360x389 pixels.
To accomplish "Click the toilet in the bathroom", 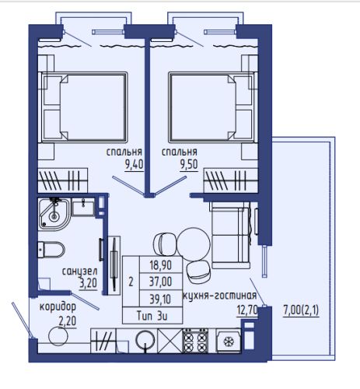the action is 51,249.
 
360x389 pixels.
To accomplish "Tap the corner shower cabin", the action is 54,214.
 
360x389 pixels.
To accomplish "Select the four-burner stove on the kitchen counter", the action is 195,341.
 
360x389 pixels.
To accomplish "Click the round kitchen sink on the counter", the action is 145,340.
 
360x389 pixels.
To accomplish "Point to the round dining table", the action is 194,244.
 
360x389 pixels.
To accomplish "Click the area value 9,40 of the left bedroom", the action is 134,164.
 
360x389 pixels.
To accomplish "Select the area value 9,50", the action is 189,164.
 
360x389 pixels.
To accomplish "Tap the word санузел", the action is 80,272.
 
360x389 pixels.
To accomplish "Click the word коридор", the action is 58,307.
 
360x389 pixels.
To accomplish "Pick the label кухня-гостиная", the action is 220,296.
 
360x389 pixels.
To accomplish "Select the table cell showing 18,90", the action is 161,265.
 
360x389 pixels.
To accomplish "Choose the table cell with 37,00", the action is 161,282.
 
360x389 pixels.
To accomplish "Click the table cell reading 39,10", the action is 161,299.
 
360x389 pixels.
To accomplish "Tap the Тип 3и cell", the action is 152,316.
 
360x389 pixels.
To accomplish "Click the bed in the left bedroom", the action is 83,107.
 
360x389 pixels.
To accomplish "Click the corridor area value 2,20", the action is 68,321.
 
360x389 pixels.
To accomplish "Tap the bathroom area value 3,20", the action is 88,283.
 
